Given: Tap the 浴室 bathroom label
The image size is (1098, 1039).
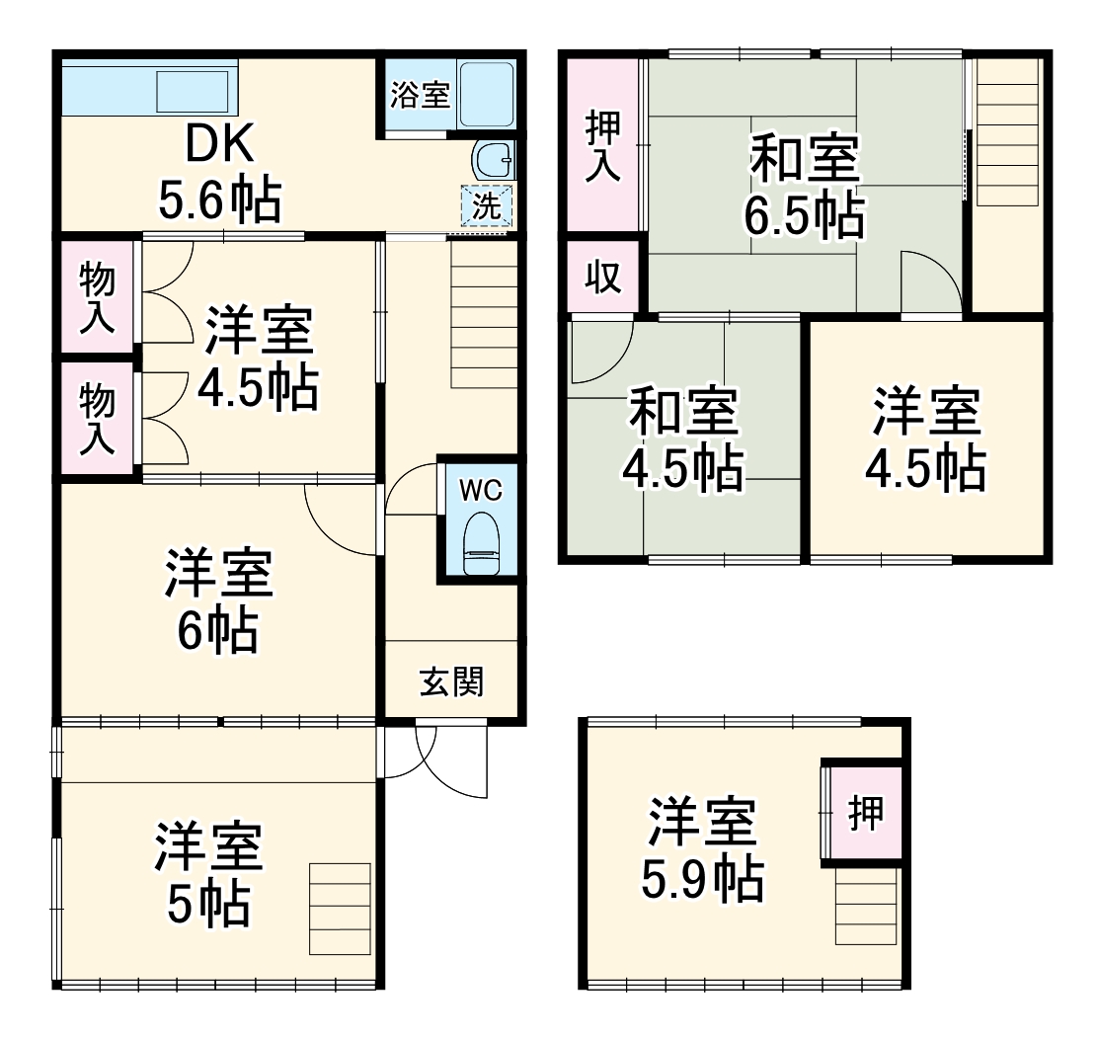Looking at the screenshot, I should pos(420,96).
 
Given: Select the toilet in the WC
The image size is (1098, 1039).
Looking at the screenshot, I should pos(482,544).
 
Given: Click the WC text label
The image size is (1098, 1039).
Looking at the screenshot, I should pos(481,491).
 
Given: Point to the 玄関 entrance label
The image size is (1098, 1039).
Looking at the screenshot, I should pos(452,681).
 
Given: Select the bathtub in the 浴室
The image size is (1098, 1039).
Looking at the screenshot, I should pos(486,94).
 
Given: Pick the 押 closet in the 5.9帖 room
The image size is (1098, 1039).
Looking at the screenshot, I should pos(866,814).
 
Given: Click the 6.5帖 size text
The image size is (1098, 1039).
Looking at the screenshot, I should pos(804,218).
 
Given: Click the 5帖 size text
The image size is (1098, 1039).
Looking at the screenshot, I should pos(207,904).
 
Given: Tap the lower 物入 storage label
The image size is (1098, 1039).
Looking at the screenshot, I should pos(97,420).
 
